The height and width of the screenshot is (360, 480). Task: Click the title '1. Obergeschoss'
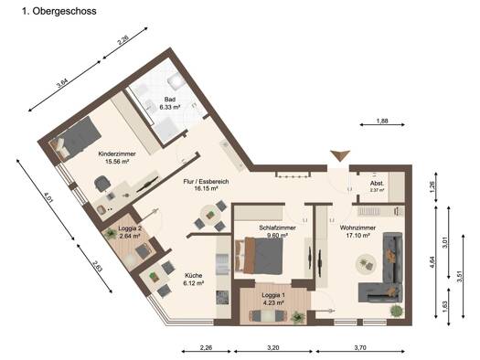click(x=59, y=11)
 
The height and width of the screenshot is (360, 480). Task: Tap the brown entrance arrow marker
click(x=340, y=155)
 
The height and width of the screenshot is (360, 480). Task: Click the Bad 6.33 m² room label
click(x=169, y=103)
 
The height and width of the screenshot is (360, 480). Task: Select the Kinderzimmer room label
click(x=117, y=157)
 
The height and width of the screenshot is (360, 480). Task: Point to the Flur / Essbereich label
click(x=206, y=185)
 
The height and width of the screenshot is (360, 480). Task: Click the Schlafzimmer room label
click(x=277, y=231)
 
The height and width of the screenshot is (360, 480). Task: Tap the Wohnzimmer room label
click(x=357, y=231)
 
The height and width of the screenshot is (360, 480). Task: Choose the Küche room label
click(x=194, y=280)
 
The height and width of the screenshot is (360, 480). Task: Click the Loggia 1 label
click(x=273, y=299)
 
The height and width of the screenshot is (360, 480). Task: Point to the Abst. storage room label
click(x=377, y=186)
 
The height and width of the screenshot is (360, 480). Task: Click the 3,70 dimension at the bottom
click(x=360, y=347)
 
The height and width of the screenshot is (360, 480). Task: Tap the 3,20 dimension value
click(x=273, y=347)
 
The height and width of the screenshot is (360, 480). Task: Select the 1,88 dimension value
click(x=382, y=121)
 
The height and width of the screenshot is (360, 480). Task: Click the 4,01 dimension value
click(x=48, y=198)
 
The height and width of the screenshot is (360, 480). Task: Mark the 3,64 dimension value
click(x=62, y=83)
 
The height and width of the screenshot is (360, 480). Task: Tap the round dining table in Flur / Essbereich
click(x=210, y=215)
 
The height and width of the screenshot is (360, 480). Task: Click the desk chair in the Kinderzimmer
click(x=101, y=185)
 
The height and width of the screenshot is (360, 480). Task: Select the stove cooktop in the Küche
click(x=222, y=297)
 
